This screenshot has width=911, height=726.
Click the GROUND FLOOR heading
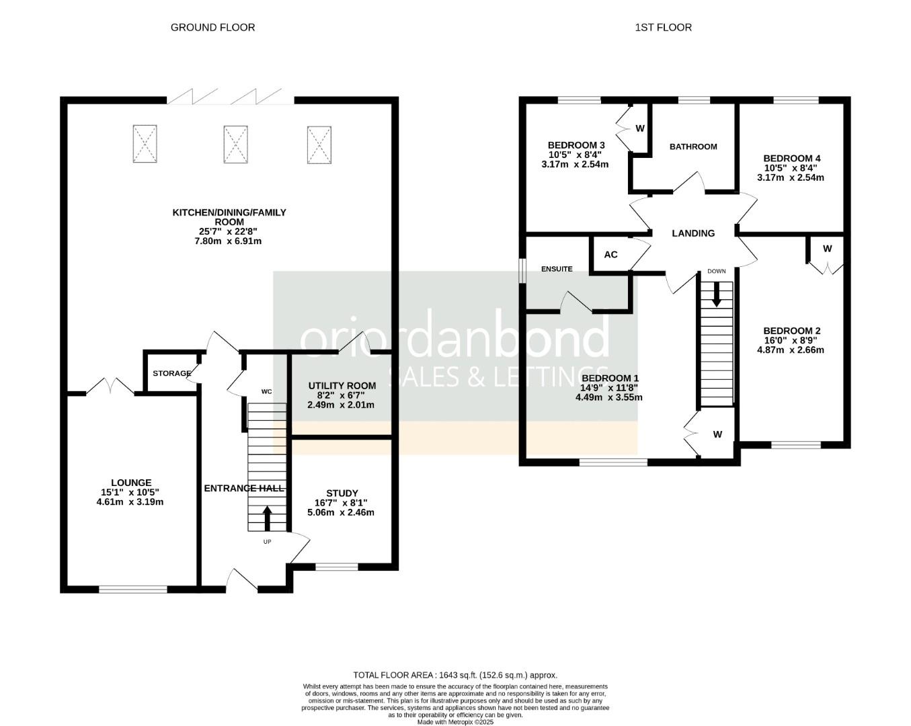[x=212, y=28]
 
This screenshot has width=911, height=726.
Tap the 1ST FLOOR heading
[x=663, y=28]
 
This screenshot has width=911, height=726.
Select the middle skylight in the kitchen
[x=235, y=144]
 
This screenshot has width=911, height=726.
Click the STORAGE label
[x=172, y=373]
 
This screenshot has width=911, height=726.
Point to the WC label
[x=266, y=392]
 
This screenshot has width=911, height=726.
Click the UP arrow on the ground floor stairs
[x=267, y=518]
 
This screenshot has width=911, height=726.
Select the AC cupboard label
[x=610, y=254]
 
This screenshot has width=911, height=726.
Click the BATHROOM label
[x=693, y=147]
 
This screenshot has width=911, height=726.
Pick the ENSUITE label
[x=557, y=269]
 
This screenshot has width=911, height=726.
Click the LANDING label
[x=693, y=233]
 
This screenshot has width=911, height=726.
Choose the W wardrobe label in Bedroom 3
[x=639, y=128]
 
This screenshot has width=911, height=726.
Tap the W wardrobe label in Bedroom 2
[x=827, y=249]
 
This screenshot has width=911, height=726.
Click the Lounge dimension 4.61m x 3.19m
[x=130, y=502]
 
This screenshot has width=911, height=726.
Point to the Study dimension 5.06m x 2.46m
[x=341, y=512]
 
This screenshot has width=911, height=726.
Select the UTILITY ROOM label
[x=342, y=386]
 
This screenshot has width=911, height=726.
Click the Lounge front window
[x=133, y=590]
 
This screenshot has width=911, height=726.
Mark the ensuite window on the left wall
[x=522, y=270]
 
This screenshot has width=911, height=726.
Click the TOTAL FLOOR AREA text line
[x=455, y=675]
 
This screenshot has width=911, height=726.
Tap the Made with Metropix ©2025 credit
[x=455, y=722]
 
